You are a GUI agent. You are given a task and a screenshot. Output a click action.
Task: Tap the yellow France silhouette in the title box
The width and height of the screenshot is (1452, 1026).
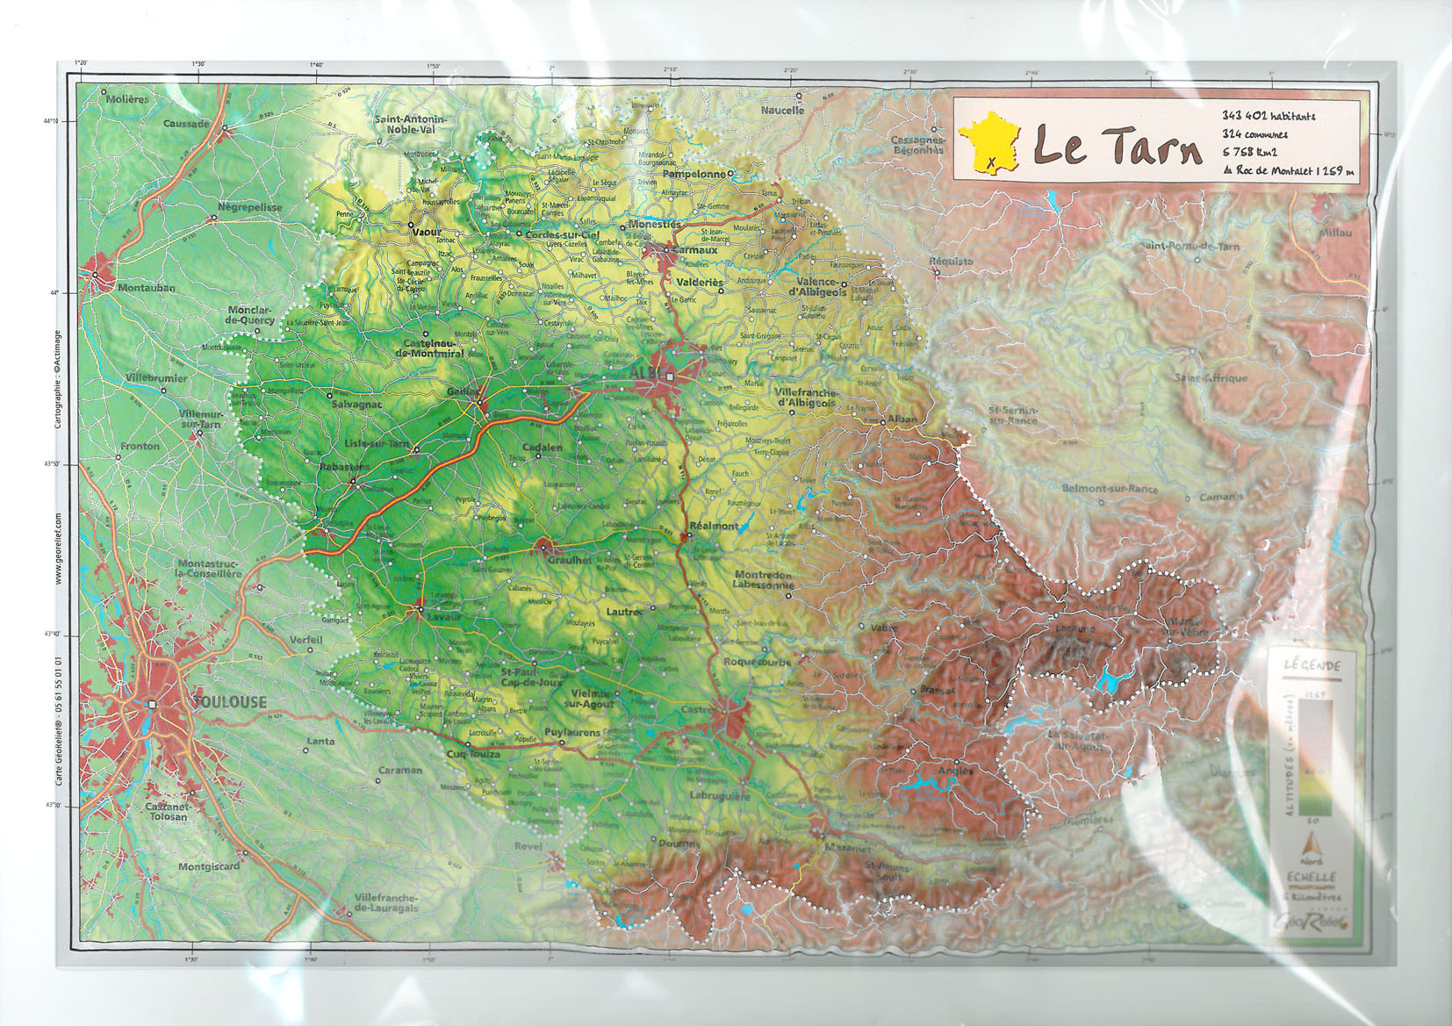pyautogui.click(x=989, y=145)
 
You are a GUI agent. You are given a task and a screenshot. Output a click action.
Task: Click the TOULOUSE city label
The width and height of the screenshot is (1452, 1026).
pyautogui.click(x=229, y=702)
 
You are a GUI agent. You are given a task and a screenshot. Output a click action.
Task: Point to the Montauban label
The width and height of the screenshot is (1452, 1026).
pyautogui.click(x=147, y=288)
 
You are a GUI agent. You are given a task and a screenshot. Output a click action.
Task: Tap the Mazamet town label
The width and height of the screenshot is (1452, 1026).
pyautogui.click(x=848, y=850)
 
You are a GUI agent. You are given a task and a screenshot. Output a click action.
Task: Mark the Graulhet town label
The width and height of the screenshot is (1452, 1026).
pyautogui.click(x=570, y=560)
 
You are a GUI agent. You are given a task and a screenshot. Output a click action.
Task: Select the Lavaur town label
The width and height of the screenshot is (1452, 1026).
pyautogui.click(x=444, y=617)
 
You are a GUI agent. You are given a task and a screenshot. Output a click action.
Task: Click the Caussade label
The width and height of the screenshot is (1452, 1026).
pyautogui.click(x=186, y=124)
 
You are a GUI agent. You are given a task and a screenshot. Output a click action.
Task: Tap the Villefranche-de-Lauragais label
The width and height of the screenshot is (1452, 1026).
pyautogui.click(x=387, y=903)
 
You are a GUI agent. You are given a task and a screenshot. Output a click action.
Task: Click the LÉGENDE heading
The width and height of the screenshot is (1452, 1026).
pyautogui.click(x=1312, y=666)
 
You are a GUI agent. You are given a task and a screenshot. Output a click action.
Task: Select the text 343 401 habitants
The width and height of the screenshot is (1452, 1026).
pyautogui.click(x=1269, y=116)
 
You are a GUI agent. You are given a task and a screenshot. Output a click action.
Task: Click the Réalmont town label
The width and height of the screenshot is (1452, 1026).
pyautogui.click(x=714, y=526)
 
